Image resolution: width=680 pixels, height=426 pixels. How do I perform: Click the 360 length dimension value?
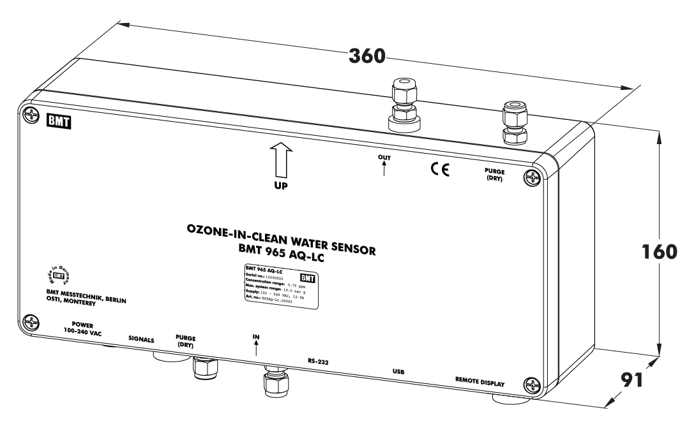pyautogui.click(x=367, y=55)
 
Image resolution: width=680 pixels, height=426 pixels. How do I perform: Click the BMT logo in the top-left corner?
pyautogui.click(x=59, y=121)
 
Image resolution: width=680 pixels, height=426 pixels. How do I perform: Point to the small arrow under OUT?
pyautogui.click(x=384, y=168)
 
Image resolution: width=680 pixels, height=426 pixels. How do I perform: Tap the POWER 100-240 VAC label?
pyautogui.click(x=82, y=329)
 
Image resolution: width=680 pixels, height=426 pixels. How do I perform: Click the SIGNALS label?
pyautogui.click(x=141, y=340)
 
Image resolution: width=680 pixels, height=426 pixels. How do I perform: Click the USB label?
pyautogui.click(x=398, y=371)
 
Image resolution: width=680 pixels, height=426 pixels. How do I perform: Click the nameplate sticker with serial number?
pyautogui.click(x=280, y=287)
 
